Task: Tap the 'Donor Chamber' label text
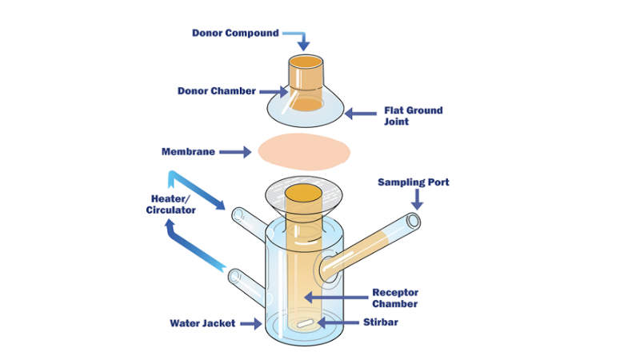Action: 217,90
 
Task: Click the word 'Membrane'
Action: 188,151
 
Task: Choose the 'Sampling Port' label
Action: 414,182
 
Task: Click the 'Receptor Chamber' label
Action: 395,298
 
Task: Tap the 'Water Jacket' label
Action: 205,324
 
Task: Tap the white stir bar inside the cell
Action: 305,325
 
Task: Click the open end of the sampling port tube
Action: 413,221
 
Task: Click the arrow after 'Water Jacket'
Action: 256,324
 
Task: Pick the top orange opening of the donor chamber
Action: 306,62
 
